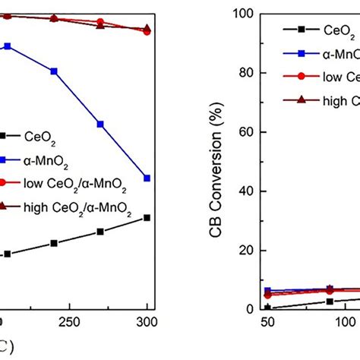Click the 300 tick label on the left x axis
146,321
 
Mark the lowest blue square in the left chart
147,178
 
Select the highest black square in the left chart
147,218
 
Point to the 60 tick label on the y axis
246,131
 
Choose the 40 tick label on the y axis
246,191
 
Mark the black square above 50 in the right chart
267,308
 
